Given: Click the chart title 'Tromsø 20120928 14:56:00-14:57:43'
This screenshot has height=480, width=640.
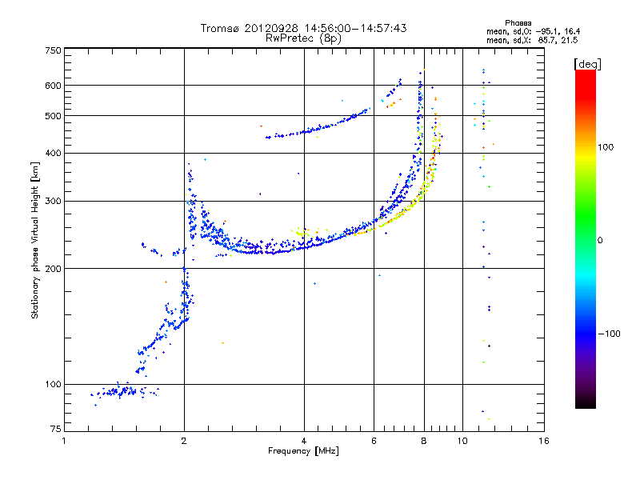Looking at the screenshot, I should tap(303, 28).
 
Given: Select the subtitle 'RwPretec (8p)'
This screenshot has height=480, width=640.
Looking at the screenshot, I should tap(303, 38).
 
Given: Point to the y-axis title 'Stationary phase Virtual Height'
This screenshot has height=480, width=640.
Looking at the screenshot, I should tap(35, 240).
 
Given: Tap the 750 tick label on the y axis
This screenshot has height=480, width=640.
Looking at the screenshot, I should tap(53, 50).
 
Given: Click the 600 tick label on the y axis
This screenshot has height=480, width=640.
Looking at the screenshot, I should tap(53, 85).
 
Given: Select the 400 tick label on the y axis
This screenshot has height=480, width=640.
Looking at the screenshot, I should tap(53, 153).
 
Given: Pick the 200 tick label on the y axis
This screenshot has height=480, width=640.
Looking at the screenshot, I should tap(53, 268).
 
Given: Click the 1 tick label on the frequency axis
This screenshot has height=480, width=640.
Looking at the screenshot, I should tap(64, 441).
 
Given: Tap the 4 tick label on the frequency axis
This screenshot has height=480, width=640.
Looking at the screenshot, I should tap(304, 441).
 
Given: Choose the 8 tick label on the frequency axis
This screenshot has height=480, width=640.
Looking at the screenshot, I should tap(424, 441).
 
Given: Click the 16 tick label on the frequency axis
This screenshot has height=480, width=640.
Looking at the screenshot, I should tap(544, 441).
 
